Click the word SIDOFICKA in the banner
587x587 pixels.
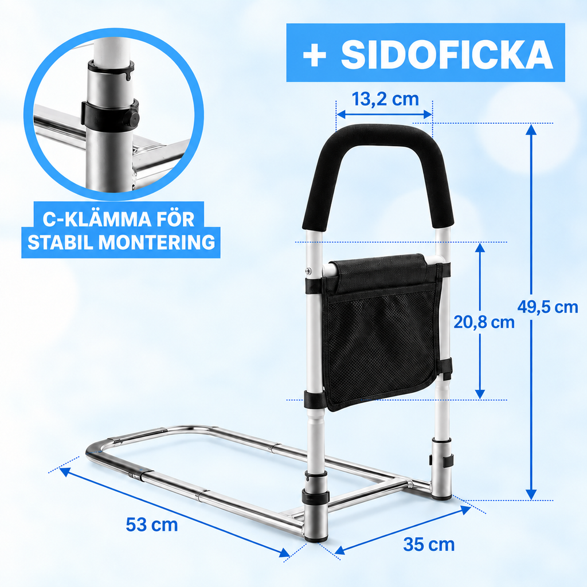tap(447, 54)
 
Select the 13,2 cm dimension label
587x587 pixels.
tap(385, 99)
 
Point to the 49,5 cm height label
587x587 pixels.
tap(547, 307)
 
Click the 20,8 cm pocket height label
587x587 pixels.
tap(484, 322)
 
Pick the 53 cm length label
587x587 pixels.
tap(151, 524)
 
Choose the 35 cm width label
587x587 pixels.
tap(429, 544)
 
